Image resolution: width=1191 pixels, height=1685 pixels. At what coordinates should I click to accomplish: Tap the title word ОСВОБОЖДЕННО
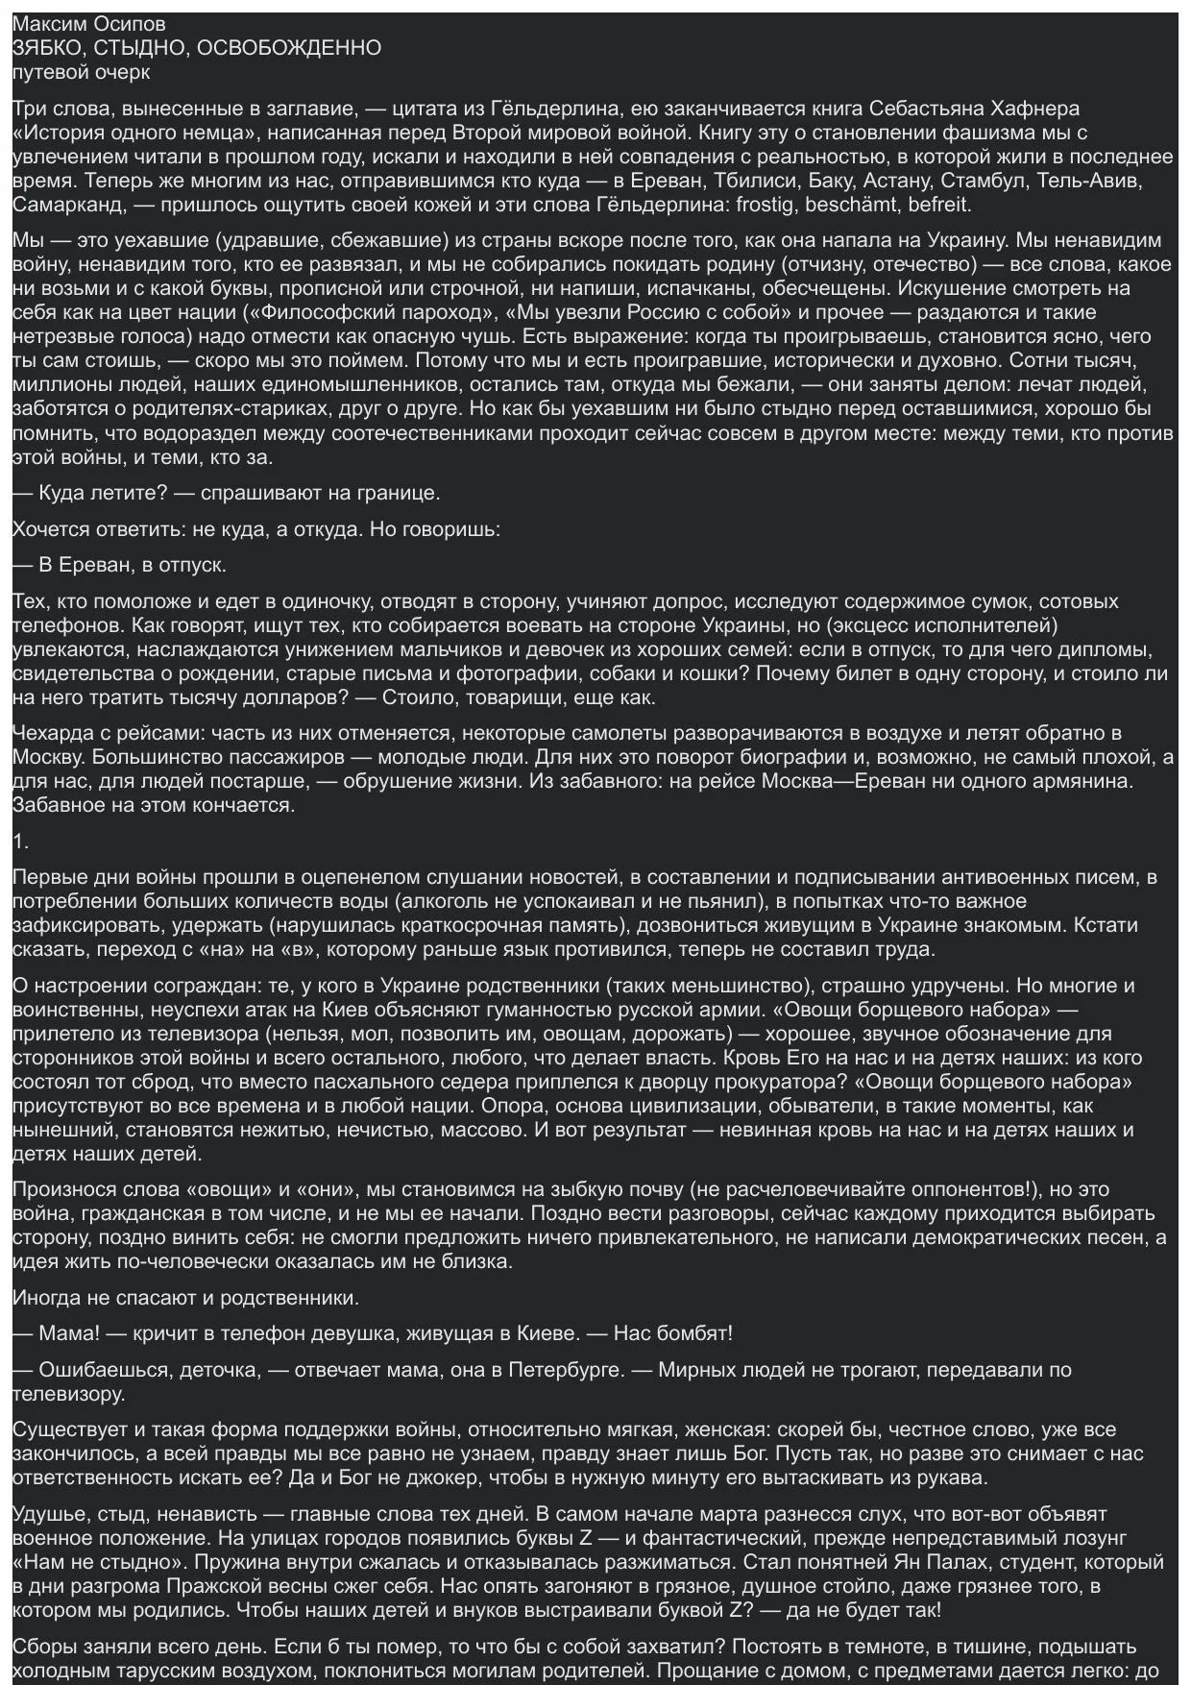click(288, 48)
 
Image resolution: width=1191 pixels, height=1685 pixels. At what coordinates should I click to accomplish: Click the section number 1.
click(20, 842)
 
